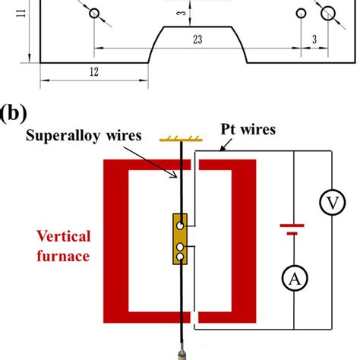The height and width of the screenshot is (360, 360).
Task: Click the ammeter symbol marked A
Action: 293,280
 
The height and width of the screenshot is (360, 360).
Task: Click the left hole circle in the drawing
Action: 94,14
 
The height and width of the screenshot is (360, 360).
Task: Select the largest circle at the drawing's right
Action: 329,12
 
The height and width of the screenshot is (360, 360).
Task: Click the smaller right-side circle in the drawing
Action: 301,13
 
